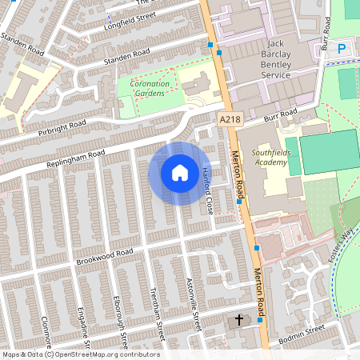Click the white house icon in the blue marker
click(x=180, y=173)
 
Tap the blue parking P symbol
click(x=342, y=49)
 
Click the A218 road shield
click(x=229, y=118)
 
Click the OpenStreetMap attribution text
click(x=81, y=354)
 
